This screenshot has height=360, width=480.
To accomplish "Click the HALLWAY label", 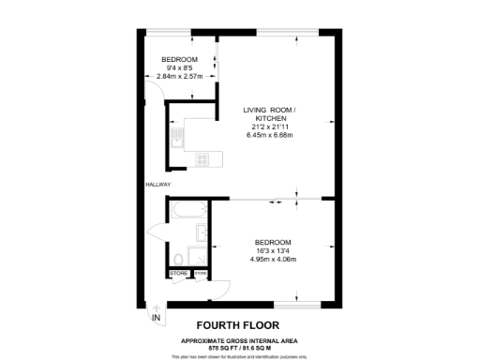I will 157,184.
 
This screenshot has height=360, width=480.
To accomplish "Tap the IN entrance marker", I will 157,318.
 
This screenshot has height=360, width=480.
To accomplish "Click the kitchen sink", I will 174,142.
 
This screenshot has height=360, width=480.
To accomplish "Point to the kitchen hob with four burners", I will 201,159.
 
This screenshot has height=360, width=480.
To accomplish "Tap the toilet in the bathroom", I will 178,258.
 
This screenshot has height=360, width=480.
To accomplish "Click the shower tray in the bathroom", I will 199,256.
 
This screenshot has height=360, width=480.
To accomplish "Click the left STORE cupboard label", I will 178,274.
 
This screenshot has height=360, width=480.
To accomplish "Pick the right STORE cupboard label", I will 200,274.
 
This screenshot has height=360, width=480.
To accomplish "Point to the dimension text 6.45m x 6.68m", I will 269,135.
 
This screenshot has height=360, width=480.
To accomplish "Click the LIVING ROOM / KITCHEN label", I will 269,114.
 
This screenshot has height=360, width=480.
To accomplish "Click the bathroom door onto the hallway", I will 157,232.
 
